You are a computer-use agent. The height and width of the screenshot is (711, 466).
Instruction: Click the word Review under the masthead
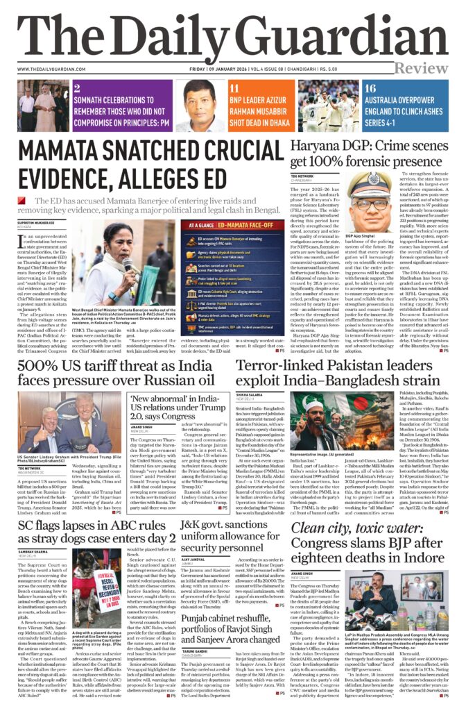pyautogui.click(x=430, y=69)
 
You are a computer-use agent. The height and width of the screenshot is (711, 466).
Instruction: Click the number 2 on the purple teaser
pyautogui.click(x=77, y=88)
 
